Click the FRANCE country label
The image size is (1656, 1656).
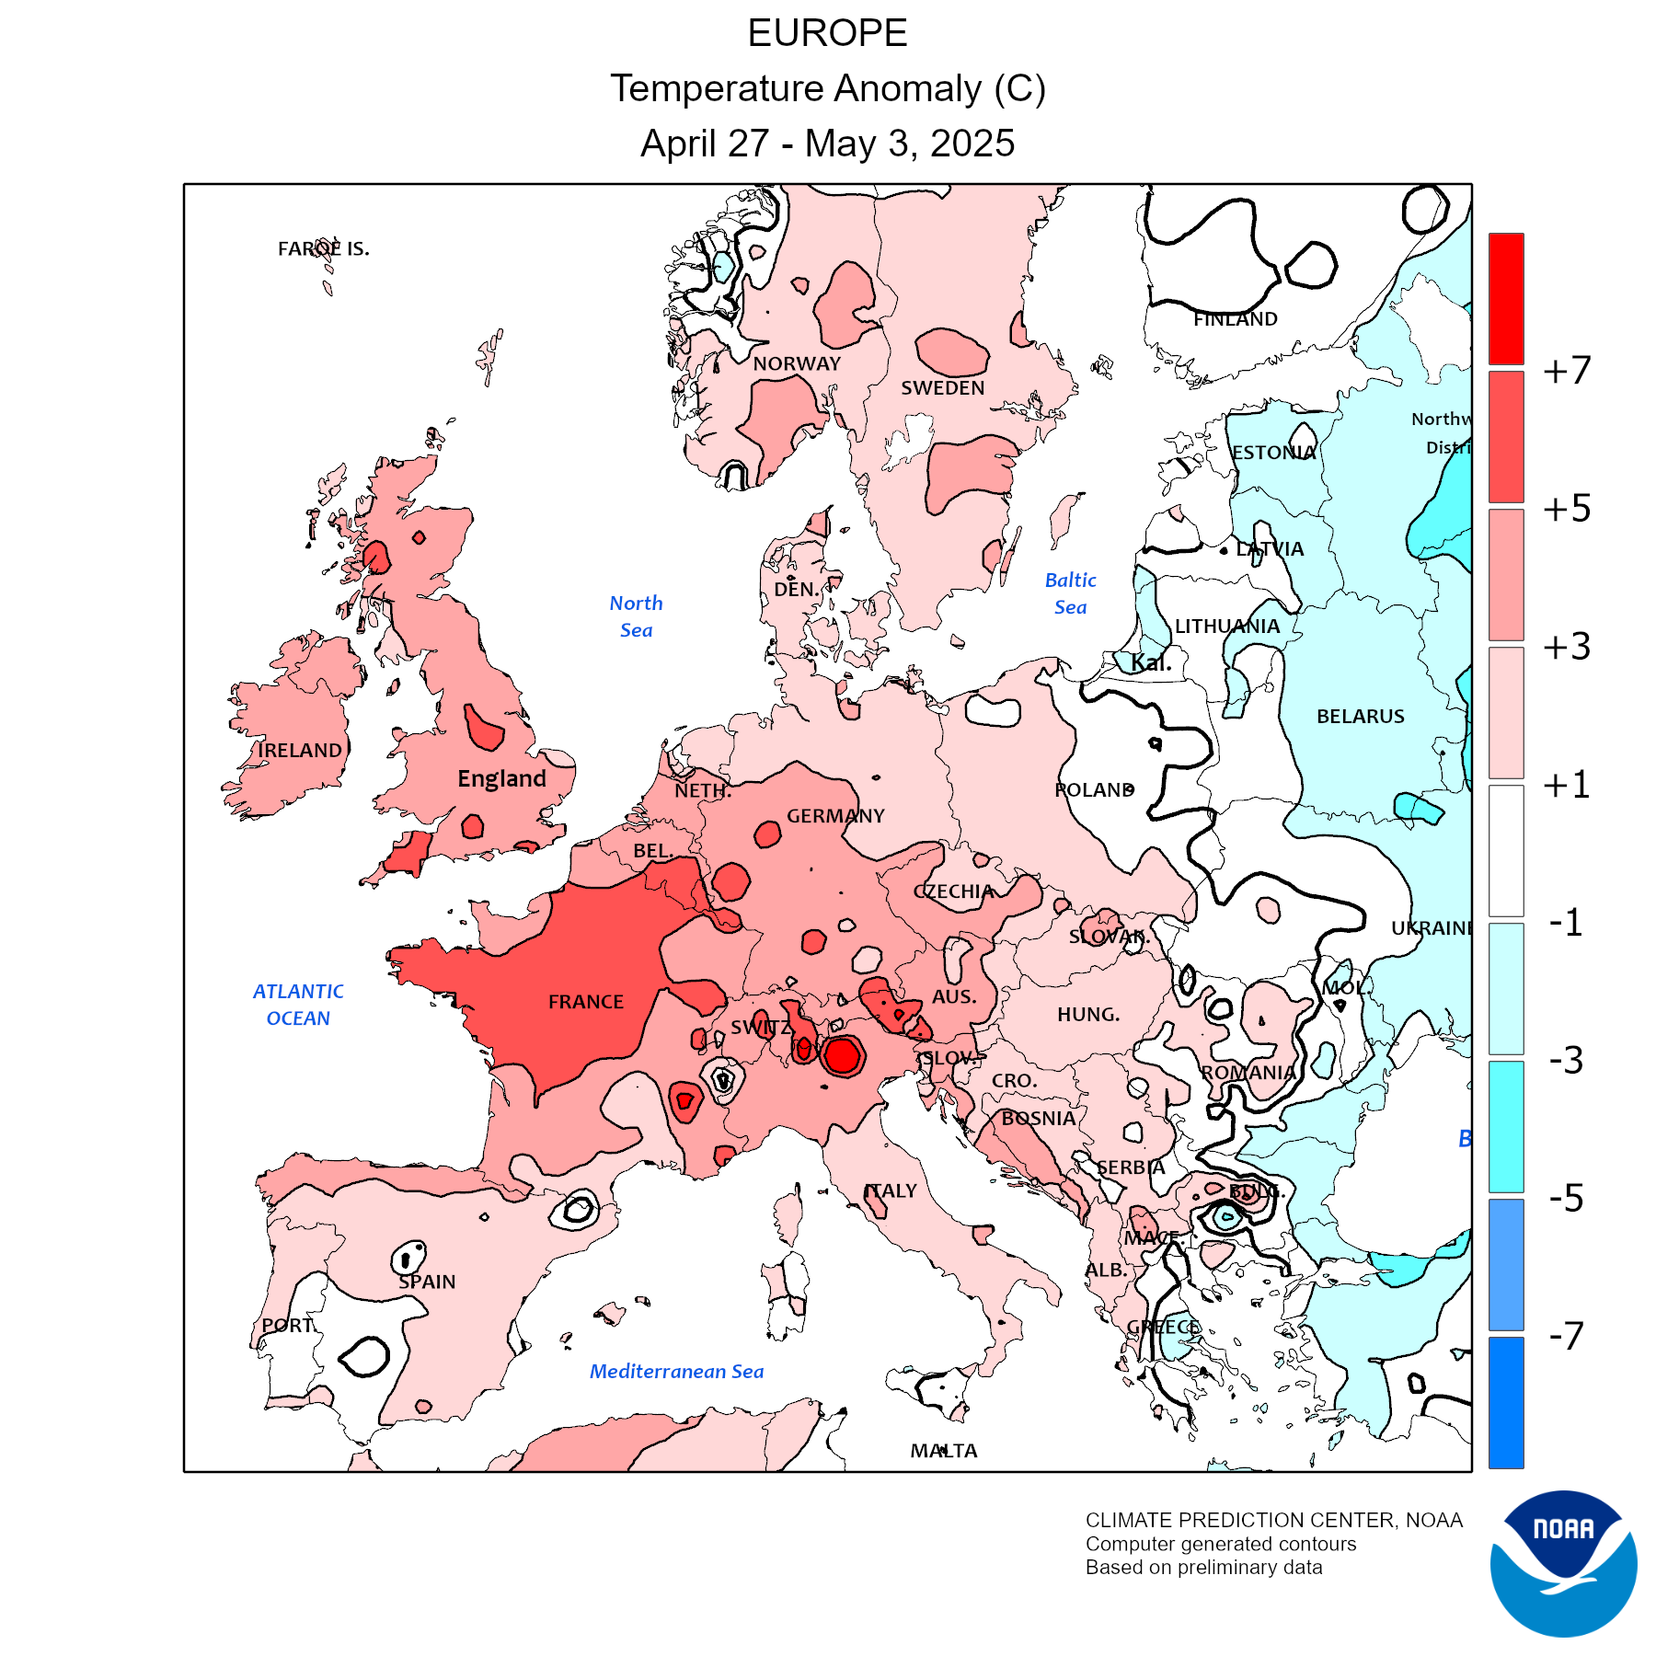tap(586, 1002)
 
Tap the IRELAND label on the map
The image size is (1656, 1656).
tap(300, 751)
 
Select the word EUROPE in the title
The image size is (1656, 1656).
tap(827, 34)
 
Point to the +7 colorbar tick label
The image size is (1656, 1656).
tap(1567, 371)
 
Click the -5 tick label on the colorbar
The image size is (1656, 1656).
tap(1566, 1198)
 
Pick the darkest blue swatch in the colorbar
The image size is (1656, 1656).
tap(1506, 1402)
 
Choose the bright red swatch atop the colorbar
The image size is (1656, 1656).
tap(1506, 298)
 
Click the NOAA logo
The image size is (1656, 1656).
tap(1563, 1563)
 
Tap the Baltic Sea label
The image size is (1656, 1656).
tap(1071, 593)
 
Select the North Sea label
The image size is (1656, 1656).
tap(636, 616)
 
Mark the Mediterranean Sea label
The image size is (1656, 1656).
tap(676, 1372)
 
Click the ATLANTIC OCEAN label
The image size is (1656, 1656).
tap(298, 1005)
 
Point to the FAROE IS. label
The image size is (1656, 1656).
tap(324, 249)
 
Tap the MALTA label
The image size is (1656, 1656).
tap(944, 1451)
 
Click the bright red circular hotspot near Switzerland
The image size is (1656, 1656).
tap(841, 1056)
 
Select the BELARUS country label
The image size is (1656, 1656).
tap(1360, 717)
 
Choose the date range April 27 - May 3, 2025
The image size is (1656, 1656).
tap(827, 144)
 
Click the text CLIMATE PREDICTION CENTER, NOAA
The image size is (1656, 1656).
tap(1273, 1521)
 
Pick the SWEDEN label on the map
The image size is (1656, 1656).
tap(942, 388)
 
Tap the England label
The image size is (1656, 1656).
tap(501, 779)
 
